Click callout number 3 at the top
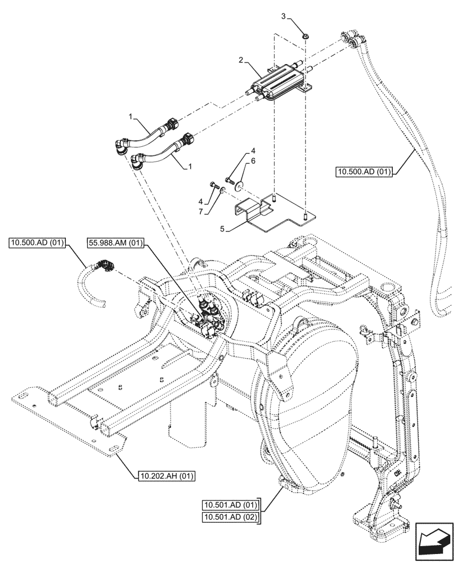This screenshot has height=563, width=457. [x=283, y=16]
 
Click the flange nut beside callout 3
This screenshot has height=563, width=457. [x=306, y=35]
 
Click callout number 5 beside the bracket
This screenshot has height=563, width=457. [x=223, y=229]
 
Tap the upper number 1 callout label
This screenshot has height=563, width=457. [x=131, y=116]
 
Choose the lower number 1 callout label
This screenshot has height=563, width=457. [x=190, y=166]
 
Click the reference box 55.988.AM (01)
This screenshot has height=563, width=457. [x=115, y=244]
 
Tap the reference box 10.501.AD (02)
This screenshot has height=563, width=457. [x=230, y=517]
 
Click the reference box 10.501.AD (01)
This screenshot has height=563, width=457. [x=230, y=505]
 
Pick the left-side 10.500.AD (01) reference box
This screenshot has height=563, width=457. [x=37, y=243]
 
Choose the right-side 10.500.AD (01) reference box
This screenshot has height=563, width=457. [x=364, y=172]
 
